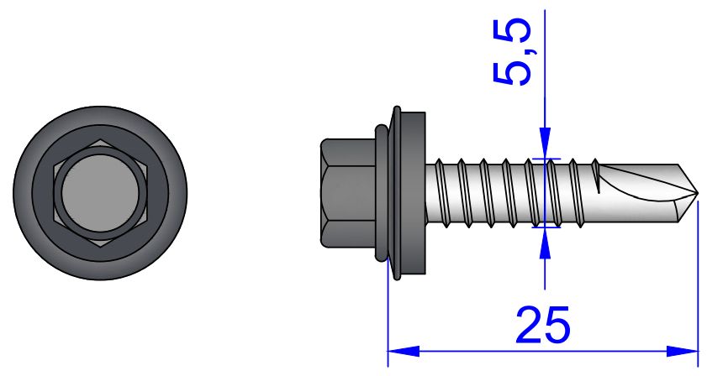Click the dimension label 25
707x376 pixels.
(543, 324)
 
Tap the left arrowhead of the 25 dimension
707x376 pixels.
(404, 351)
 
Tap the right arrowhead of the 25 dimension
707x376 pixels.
(683, 351)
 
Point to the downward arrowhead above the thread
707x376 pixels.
(545, 144)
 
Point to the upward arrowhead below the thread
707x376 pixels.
(545, 243)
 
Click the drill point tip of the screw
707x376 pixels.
(697, 194)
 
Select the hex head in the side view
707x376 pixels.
(348, 193)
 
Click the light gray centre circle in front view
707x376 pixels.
(100, 194)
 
